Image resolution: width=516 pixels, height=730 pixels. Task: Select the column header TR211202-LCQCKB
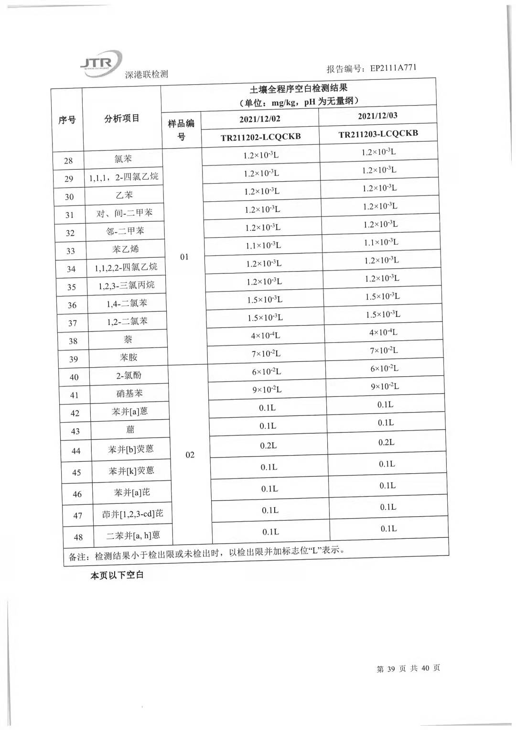[260, 137]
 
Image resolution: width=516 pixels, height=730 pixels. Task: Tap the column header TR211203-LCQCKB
[378, 134]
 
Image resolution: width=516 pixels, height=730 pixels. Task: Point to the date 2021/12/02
[260, 119]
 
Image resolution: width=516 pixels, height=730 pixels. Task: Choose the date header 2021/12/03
[377, 116]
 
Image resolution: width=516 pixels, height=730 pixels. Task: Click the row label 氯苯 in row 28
[123, 159]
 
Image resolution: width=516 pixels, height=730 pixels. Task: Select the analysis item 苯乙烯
[126, 249]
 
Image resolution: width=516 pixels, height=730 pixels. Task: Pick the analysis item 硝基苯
[129, 393]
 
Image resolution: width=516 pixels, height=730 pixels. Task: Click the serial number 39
[73, 359]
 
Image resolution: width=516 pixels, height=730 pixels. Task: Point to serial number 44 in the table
[76, 451]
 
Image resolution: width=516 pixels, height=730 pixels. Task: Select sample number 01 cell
[184, 257]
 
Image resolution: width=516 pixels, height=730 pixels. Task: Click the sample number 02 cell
[190, 455]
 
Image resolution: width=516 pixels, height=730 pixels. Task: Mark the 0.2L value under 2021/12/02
[268, 446]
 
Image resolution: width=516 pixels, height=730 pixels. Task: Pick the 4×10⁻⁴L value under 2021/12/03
[383, 332]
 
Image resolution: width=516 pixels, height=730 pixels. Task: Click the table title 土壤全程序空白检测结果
[298, 88]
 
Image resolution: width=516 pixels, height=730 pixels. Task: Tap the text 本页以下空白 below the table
[117, 575]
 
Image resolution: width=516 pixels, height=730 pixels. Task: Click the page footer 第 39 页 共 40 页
[408, 668]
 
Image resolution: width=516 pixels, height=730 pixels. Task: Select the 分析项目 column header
[122, 119]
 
